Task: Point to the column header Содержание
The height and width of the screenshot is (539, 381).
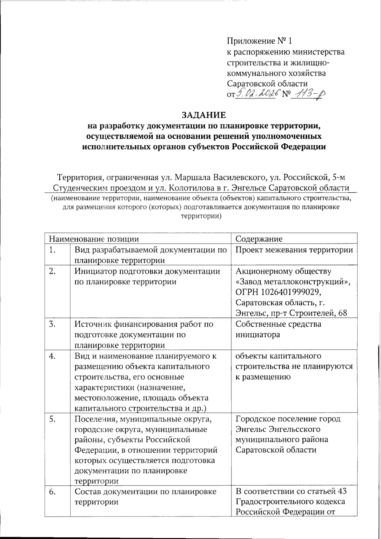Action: (x=259, y=239)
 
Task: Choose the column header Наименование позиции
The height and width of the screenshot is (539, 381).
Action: (x=94, y=239)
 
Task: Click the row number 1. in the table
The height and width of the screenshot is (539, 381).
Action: (x=53, y=250)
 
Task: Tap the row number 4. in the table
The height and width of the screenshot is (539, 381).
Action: (x=53, y=356)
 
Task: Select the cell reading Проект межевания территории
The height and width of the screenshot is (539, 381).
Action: (x=294, y=250)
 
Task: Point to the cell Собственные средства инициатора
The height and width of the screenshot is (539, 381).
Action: (x=278, y=329)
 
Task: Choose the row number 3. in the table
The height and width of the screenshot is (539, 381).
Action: (x=53, y=324)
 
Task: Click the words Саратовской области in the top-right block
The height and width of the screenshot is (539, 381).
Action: (x=268, y=83)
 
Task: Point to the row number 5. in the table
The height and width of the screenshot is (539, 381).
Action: (x=53, y=419)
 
